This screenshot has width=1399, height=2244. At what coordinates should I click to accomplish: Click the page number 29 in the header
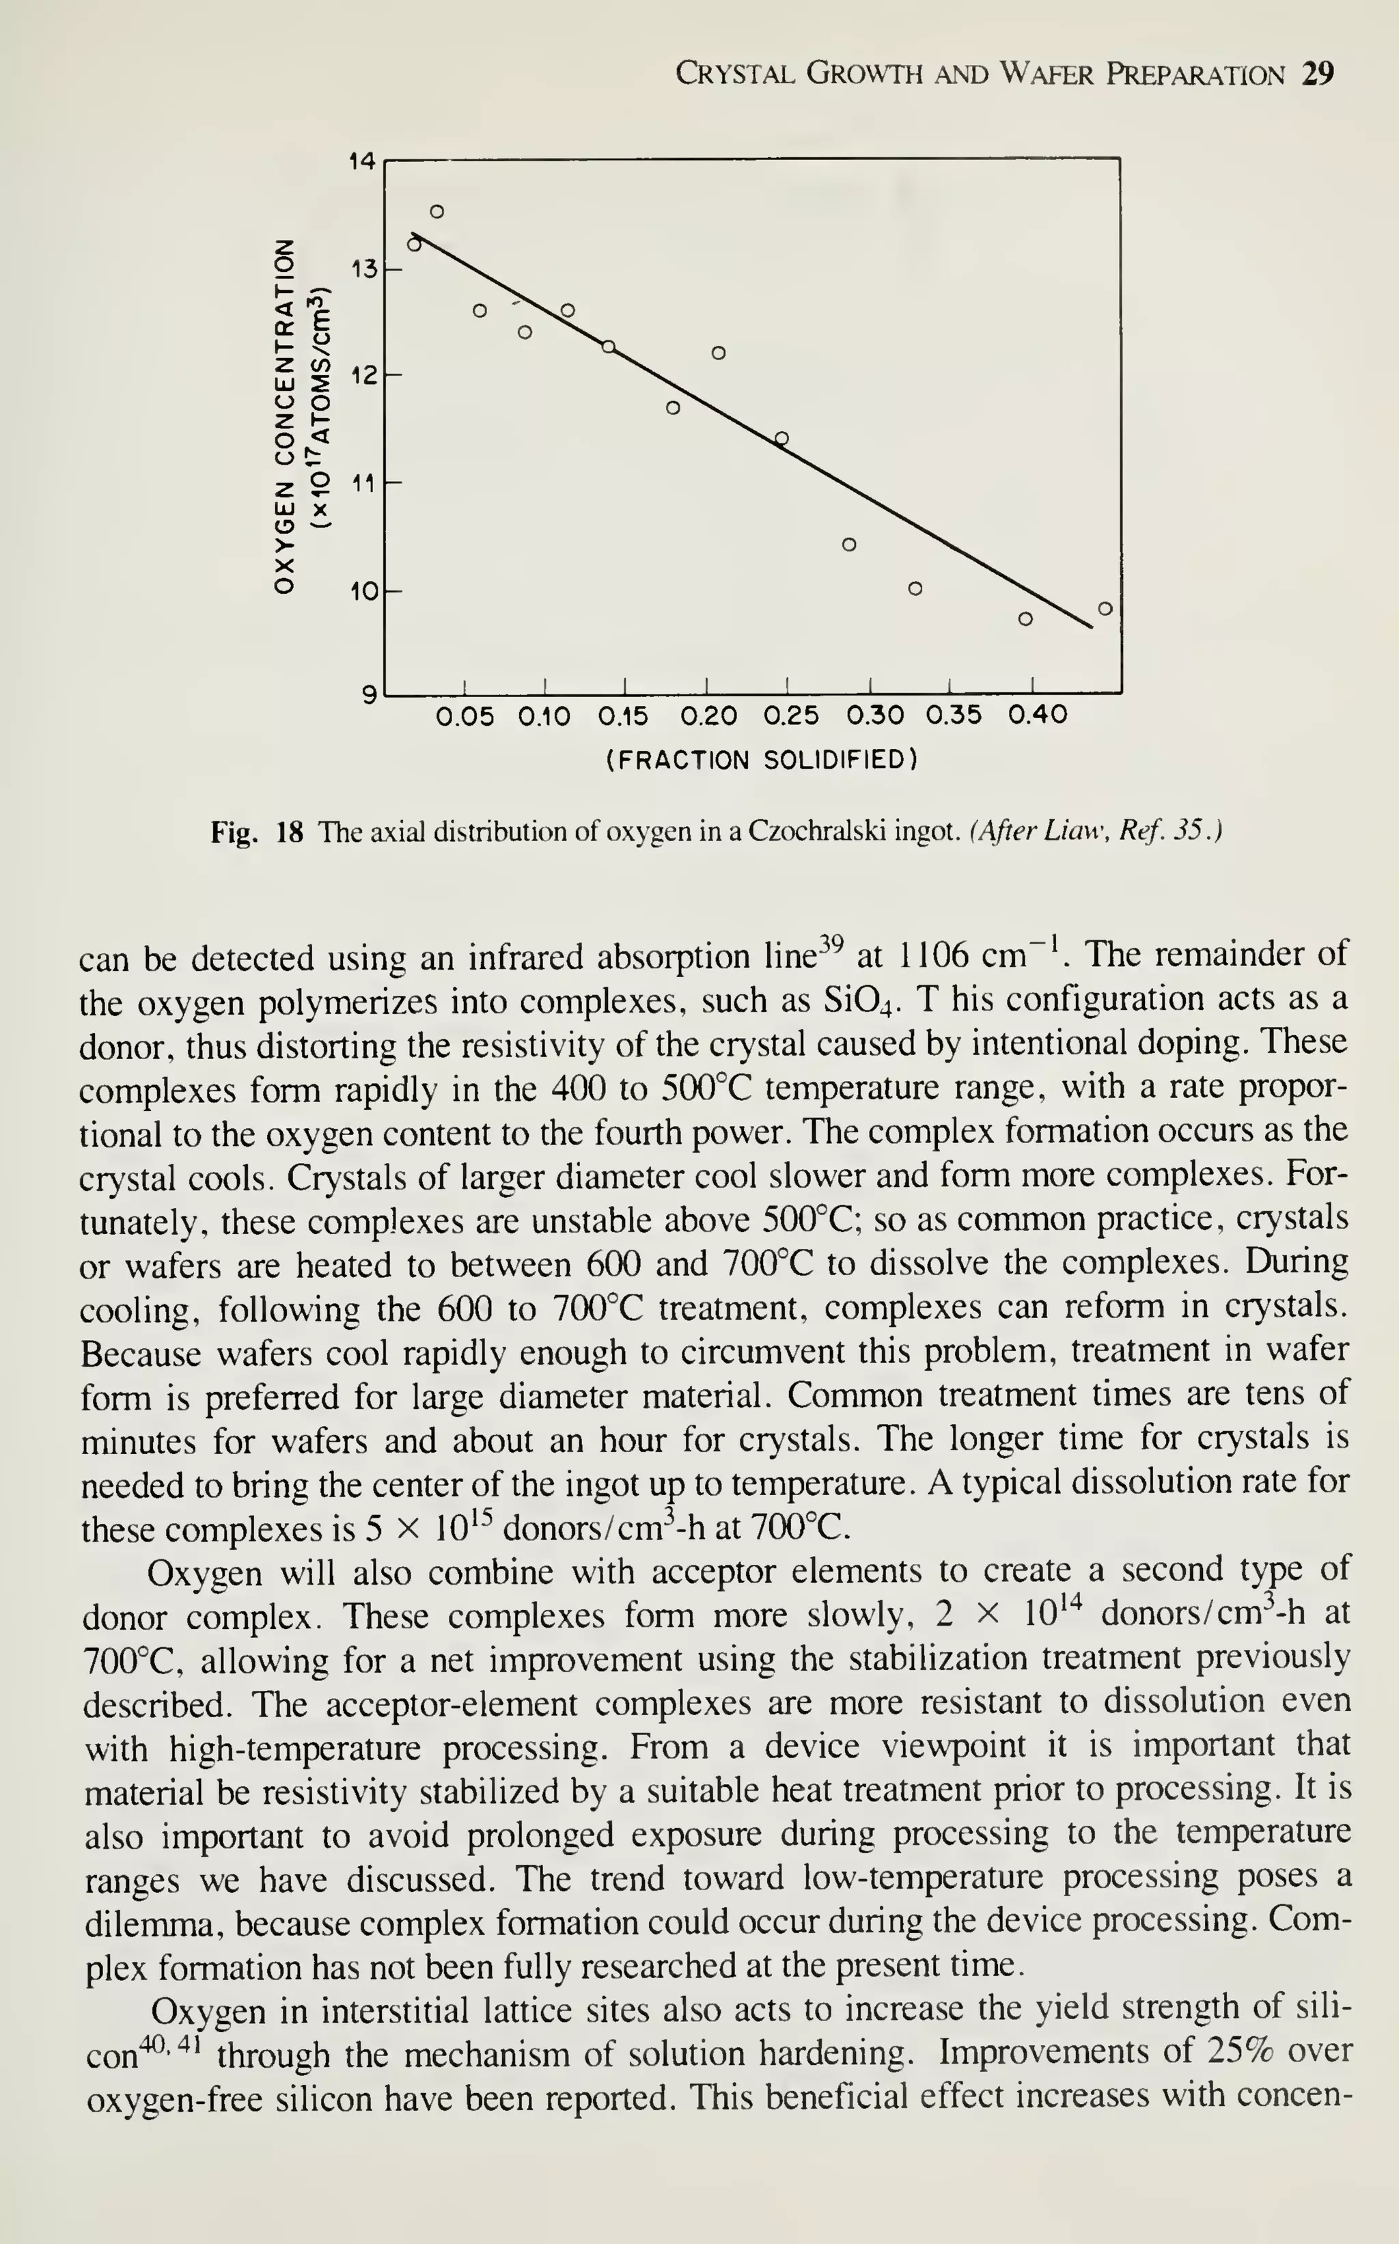1318,74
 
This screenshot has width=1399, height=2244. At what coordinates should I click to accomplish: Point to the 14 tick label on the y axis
362,162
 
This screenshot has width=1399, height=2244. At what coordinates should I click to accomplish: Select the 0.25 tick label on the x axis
792,716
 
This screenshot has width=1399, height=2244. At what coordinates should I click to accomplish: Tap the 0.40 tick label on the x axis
1037,716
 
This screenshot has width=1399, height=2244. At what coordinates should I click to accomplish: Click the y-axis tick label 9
369,694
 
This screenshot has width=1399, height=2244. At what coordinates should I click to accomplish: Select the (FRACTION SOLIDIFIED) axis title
762,761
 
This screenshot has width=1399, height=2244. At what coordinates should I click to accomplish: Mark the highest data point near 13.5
438,211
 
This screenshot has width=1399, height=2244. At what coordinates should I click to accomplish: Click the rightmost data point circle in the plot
1105,608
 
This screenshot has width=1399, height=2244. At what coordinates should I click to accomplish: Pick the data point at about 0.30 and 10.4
849,544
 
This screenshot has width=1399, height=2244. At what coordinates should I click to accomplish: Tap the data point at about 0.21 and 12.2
719,353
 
